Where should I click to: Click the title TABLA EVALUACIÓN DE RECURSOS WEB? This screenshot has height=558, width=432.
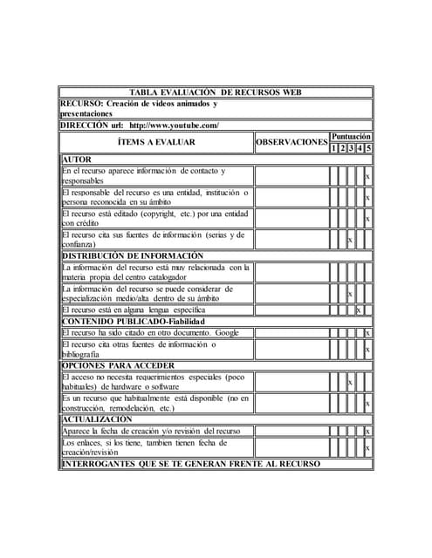coord(216,92)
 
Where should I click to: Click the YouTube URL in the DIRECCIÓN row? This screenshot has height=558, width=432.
coord(174,126)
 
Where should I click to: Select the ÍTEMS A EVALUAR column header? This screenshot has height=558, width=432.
coord(156,142)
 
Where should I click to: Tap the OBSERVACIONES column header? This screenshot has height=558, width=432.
coord(291,142)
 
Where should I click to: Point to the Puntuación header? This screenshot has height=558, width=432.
coord(351,137)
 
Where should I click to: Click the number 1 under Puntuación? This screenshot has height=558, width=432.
coord(333,148)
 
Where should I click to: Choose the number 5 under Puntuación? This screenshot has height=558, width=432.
coord(368,148)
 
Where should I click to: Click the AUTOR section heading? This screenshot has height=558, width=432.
coord(76,160)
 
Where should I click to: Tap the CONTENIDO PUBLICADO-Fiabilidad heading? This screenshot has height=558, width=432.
coord(134,321)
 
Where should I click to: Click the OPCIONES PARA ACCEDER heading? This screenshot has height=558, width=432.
coord(118,365)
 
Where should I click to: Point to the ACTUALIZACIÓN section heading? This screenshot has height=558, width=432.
coord(97,419)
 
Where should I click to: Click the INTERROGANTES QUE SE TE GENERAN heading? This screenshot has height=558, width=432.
coord(190,463)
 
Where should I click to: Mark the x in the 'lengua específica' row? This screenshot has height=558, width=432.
coord(359,310)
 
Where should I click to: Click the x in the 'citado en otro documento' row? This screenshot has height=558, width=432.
coord(367,332)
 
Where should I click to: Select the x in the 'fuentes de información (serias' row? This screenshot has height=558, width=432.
coord(350,240)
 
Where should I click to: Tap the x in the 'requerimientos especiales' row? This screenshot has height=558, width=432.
coord(350,382)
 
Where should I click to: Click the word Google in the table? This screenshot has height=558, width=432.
coord(227,332)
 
